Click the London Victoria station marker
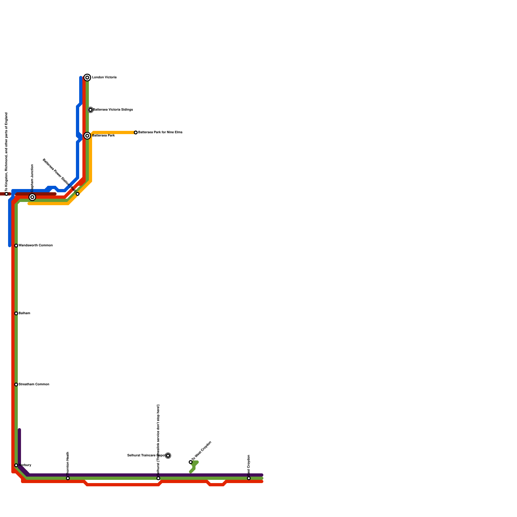[x=87, y=78]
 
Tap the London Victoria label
[x=104, y=78]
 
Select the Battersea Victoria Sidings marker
[x=90, y=110]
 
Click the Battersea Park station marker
[x=87, y=136]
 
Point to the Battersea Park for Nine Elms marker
[x=136, y=132]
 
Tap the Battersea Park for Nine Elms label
[x=160, y=132]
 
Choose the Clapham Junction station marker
[x=32, y=197]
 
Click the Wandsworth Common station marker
[x=16, y=246]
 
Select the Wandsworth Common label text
[x=36, y=246]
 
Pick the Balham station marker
[x=16, y=313]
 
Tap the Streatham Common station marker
[x=16, y=385]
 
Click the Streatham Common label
[x=34, y=385]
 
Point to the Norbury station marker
[x=16, y=465]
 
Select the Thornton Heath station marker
[x=68, y=478]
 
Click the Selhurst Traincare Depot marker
[x=168, y=456]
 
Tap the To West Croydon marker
[x=191, y=462]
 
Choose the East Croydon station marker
[x=249, y=478]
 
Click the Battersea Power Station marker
[x=78, y=194]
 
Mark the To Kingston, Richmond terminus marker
[x=6, y=194]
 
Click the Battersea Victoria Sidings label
[x=113, y=110]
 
